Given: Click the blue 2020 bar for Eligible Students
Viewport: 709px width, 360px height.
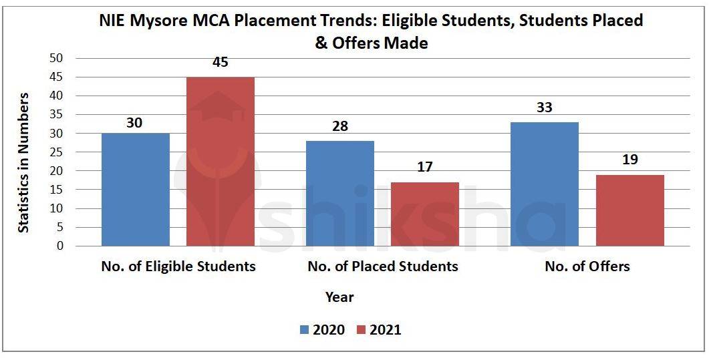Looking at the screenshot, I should pos(136,190).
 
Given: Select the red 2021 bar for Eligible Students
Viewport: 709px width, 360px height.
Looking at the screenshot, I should pos(220,162).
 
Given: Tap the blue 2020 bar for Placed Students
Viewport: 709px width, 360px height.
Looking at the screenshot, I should pos(340,194).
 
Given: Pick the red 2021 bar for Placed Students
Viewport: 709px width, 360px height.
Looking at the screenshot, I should pos(424,214).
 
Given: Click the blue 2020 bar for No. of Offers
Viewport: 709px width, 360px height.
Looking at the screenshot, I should pos(545,184).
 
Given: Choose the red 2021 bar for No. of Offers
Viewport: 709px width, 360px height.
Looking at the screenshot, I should pos(629,210).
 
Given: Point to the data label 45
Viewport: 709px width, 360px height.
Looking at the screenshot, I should pos(220,62).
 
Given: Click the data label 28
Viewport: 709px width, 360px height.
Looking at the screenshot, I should pos(340,127).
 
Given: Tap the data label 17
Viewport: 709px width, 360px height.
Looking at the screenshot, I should pos(424,167).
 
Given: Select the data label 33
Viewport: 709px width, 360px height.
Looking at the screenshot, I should pos(545,108).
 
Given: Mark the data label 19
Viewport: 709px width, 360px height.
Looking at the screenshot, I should pos(629,160).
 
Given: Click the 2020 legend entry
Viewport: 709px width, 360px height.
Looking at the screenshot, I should pos(322,330).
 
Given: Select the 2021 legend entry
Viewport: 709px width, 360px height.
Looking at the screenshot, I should pos(378,330).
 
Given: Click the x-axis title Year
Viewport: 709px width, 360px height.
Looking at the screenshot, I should pos(339,297).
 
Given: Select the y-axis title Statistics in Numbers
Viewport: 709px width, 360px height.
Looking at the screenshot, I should pos(23,162).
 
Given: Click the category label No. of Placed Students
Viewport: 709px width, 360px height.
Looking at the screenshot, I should pos(383,266).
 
